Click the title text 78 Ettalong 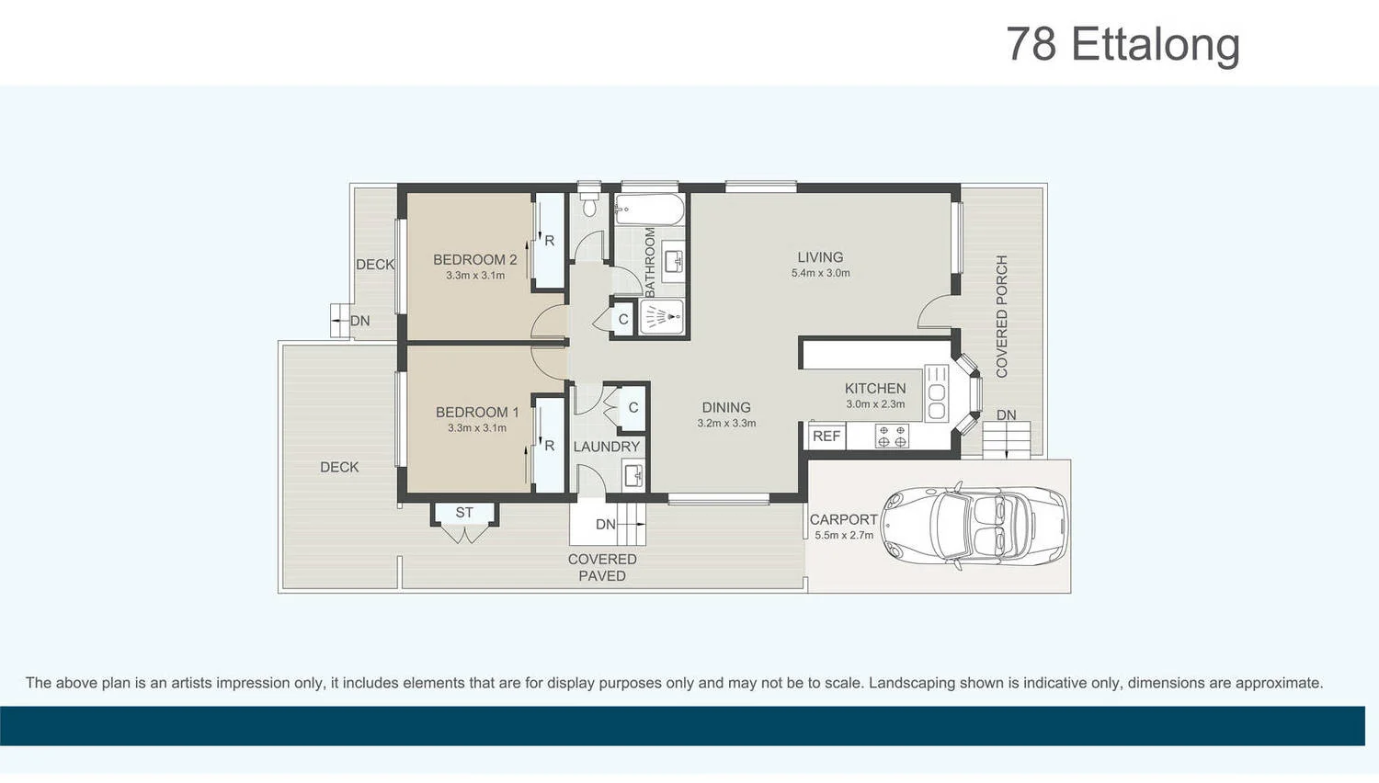(x=1123, y=44)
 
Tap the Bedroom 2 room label (x=474, y=260)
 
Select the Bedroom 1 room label (x=476, y=413)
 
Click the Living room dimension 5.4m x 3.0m (x=820, y=273)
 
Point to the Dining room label (x=726, y=407)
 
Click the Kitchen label (x=875, y=389)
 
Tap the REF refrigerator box (x=826, y=437)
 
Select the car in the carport (x=974, y=527)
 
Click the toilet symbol (x=589, y=201)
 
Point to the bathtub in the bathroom (x=649, y=210)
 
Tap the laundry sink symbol (x=633, y=475)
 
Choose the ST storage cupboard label (x=464, y=513)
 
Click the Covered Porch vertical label (x=1002, y=316)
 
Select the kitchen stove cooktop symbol (x=891, y=436)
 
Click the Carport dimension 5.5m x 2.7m (x=844, y=535)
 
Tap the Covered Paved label (x=602, y=567)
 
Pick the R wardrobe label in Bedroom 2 (x=549, y=241)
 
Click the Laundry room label (x=606, y=447)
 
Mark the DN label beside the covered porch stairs (x=1007, y=415)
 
